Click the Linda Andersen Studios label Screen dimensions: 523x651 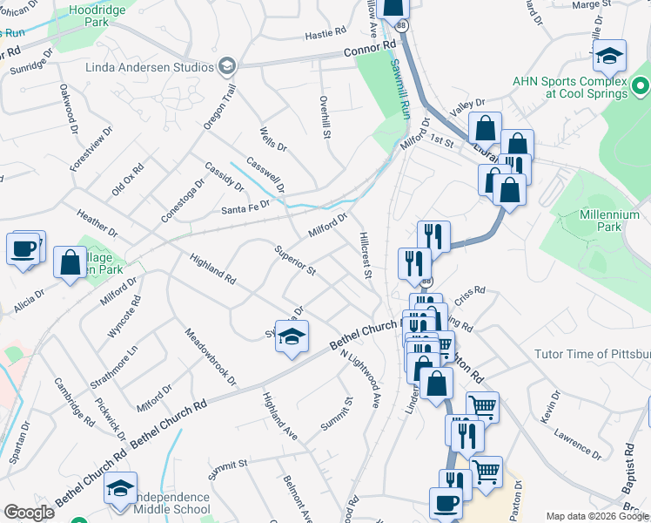[149, 67]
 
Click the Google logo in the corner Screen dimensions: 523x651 [29, 513]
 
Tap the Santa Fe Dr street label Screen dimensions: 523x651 [245, 208]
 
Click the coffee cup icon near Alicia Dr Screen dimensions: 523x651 [24, 248]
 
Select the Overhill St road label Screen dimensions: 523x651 [325, 118]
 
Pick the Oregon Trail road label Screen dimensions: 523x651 [219, 108]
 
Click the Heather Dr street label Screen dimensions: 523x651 [97, 223]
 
